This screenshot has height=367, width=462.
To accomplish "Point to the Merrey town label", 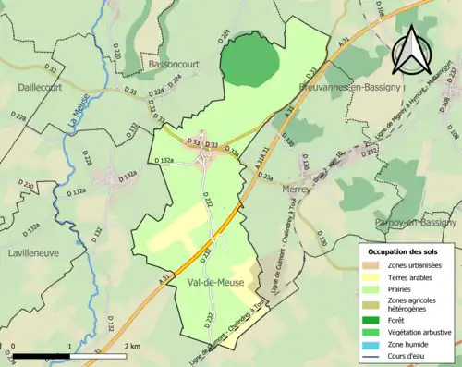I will (x=295, y=188).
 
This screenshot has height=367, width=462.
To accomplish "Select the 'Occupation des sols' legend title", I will (x=404, y=251).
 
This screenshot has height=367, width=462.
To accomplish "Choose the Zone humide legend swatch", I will (x=376, y=342).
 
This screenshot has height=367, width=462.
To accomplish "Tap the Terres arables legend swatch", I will (x=376, y=277).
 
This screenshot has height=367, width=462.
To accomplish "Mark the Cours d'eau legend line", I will (x=376, y=354).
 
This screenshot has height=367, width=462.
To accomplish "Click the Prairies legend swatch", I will (x=376, y=288).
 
